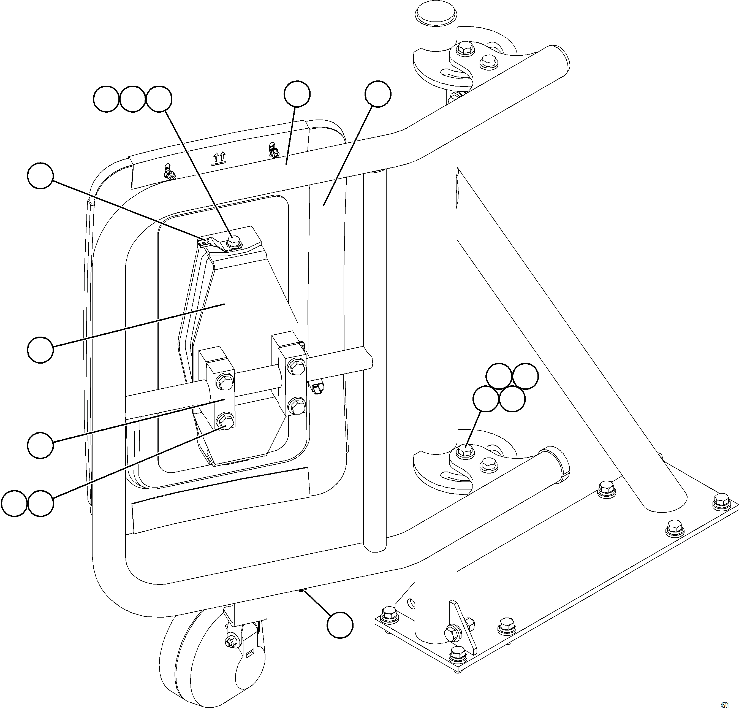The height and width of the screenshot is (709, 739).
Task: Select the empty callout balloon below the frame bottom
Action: (x=340, y=625)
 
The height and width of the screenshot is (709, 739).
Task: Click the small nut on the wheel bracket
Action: (x=229, y=642)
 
